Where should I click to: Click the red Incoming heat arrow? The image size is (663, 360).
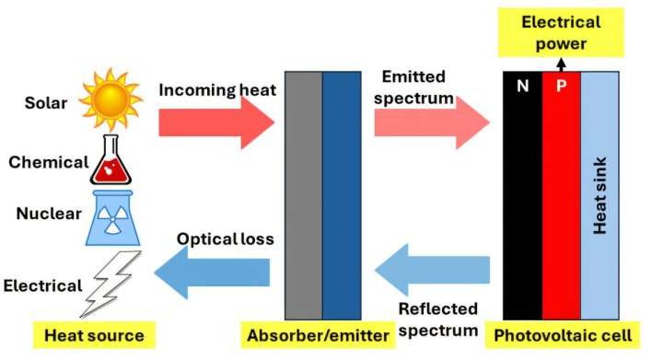[x=216, y=121]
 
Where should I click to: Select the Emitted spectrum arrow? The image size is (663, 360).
[x=432, y=121]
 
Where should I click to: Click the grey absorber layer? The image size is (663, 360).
[x=304, y=194]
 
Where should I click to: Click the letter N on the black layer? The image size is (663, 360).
[x=522, y=86]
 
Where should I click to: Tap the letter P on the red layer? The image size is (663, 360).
[x=561, y=86]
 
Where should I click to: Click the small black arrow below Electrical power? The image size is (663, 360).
[x=561, y=65]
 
